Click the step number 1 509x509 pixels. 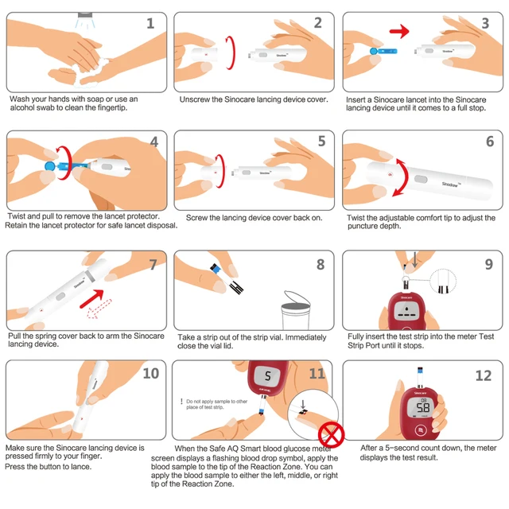pyautogui.click(x=150, y=23)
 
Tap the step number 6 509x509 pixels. pyautogui.click(x=490, y=142)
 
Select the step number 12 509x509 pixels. pyautogui.click(x=482, y=375)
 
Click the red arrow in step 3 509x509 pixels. pyautogui.click(x=399, y=33)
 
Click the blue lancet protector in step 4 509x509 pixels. pyautogui.click(x=51, y=167)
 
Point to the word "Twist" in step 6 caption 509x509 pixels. pyautogui.click(x=359, y=217)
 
